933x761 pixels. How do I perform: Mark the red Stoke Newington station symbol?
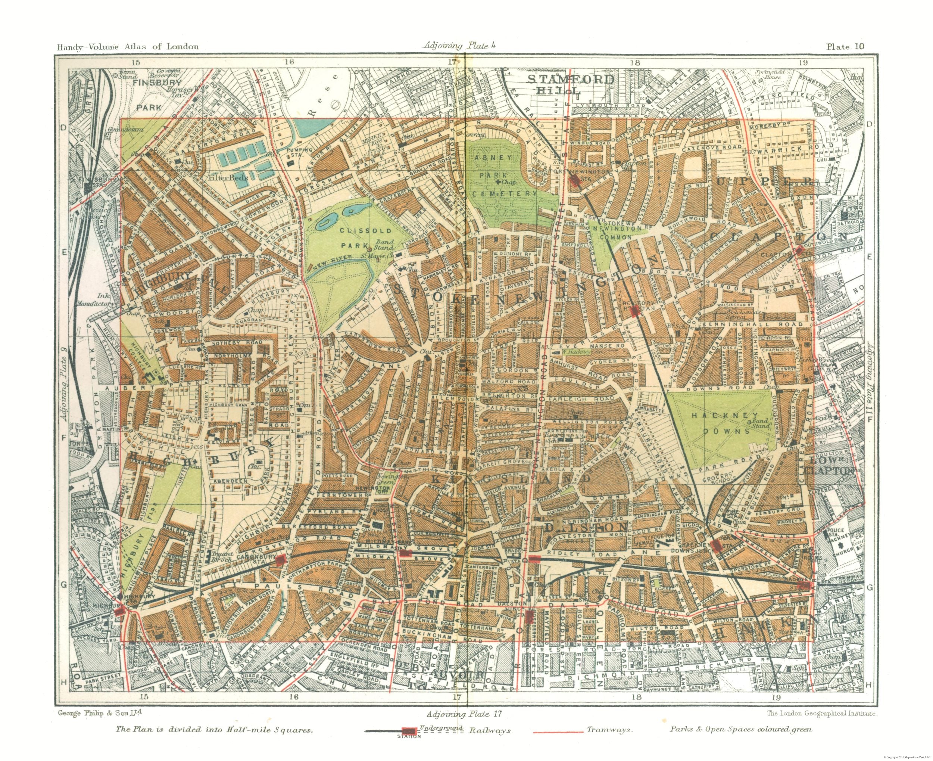point(575,181)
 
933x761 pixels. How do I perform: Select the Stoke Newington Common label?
point(617,232)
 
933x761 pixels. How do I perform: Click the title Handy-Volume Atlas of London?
point(128,46)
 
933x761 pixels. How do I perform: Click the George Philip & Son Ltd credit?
point(100,713)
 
